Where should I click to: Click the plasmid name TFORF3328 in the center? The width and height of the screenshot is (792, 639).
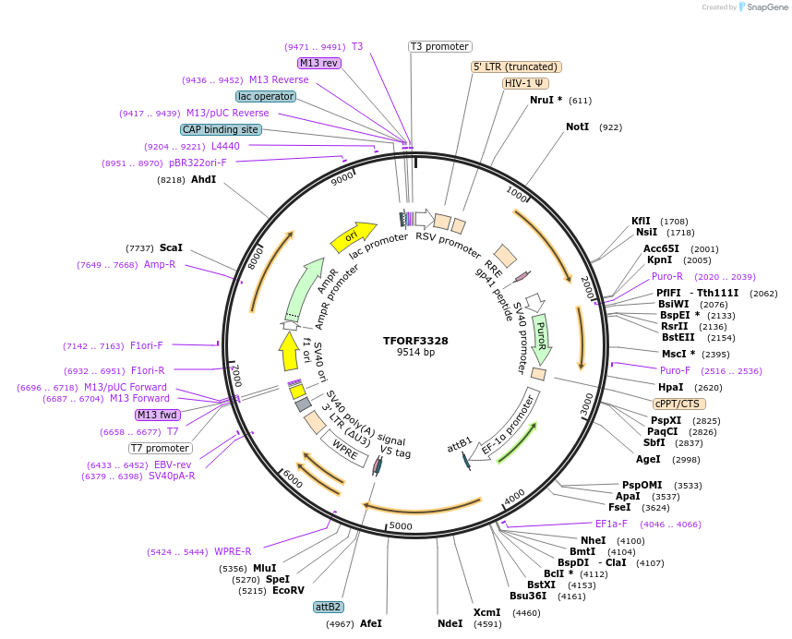[415, 340]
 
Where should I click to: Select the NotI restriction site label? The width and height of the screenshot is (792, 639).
[577, 127]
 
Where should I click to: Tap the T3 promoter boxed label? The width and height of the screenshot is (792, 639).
[439, 46]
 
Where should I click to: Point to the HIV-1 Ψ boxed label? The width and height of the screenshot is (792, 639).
[523, 83]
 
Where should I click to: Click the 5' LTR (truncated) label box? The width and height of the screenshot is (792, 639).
[516, 66]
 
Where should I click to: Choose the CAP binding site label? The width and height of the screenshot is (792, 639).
[221, 130]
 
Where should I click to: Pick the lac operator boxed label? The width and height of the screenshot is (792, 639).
[266, 96]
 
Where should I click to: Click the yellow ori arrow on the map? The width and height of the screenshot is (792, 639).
[354, 236]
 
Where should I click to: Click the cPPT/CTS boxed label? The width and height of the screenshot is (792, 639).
[678, 404]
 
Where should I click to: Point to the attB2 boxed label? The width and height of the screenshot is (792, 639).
[329, 607]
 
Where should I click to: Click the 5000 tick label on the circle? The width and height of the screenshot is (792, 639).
[401, 525]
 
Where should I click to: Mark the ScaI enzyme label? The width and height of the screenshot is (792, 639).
[171, 247]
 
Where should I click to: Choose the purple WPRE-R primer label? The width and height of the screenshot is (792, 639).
[233, 552]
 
